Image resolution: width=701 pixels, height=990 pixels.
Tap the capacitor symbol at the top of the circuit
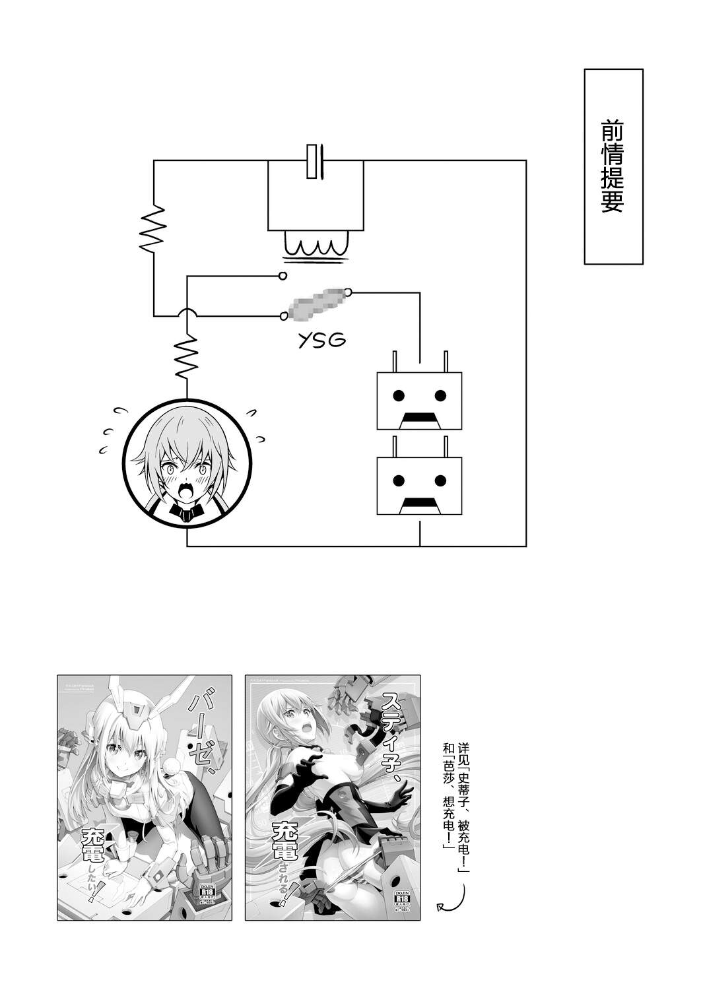[x=315, y=160]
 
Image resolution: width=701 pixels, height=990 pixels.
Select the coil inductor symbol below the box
[x=316, y=247]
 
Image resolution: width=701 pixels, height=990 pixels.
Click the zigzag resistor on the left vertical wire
[x=154, y=228]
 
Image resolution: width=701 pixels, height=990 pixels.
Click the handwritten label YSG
[x=321, y=341]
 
